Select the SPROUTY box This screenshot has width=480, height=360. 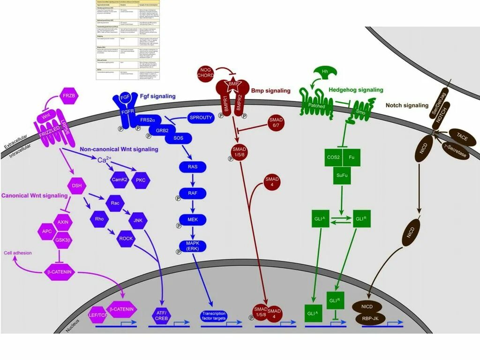[200, 118]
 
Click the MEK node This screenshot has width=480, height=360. [192, 219]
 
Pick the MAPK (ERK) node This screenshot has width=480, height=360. [192, 245]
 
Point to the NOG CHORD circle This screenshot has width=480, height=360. [207, 74]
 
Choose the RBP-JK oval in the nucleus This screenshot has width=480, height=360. [374, 318]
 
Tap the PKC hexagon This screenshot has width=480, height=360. [141, 180]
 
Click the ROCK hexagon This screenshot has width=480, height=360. [126, 238]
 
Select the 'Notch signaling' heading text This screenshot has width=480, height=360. [407, 105]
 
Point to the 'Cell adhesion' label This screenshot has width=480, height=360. [18, 253]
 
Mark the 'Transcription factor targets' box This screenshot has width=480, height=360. [214, 315]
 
